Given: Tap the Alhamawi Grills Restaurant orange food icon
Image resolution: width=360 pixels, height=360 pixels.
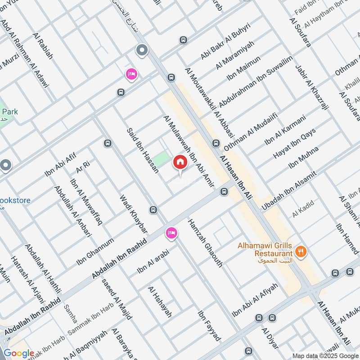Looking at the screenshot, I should (x=302, y=251).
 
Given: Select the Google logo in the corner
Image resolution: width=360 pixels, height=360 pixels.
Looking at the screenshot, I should (x=18, y=353).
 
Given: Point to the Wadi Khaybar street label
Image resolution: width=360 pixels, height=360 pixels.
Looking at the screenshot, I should (x=133, y=213).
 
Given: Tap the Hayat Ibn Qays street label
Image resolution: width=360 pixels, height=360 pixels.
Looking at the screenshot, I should (x=295, y=144).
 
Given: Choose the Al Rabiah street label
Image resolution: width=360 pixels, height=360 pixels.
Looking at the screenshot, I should (x=43, y=45).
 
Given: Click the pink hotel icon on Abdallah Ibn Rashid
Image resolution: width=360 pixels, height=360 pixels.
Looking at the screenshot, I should (x=171, y=232).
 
